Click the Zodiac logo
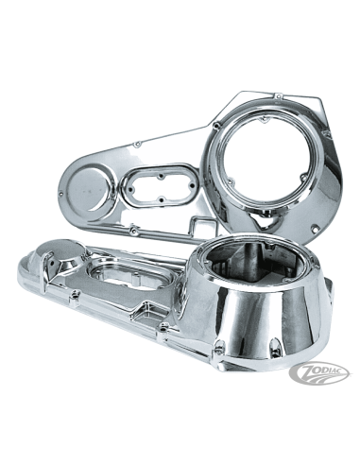[x=318, y=373]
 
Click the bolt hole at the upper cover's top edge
[x=278, y=95]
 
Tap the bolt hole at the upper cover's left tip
[x=60, y=194]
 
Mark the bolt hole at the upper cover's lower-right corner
[x=314, y=229]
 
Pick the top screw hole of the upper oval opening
[x=162, y=177]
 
